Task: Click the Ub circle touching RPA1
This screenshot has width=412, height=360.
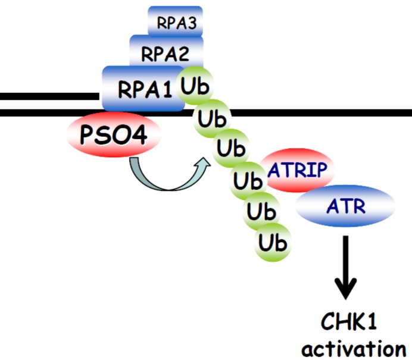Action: point(193,87)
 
